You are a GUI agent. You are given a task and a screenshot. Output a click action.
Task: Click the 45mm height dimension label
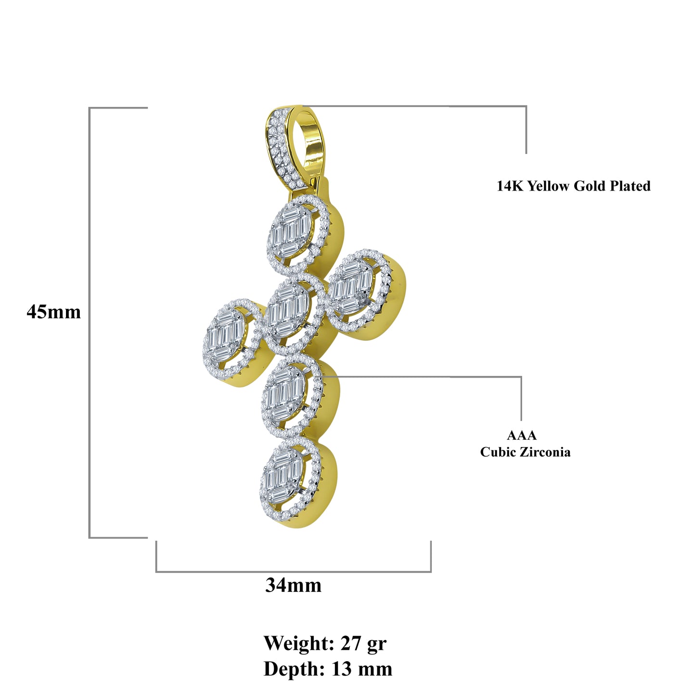pos(53,312)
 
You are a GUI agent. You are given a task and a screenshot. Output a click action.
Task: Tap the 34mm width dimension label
pos(293,585)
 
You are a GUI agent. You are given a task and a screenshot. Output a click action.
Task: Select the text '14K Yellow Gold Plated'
pos(573,186)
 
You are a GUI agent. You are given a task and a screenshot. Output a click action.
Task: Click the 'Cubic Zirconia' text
pos(525,452)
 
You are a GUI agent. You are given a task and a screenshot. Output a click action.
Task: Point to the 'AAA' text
pos(521,436)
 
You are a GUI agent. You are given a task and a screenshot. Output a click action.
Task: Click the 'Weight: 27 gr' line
pos(325,643)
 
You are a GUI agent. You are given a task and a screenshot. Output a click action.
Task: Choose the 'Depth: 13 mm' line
pos(328,669)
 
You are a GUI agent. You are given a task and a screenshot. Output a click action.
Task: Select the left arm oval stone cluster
pos(227,334)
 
